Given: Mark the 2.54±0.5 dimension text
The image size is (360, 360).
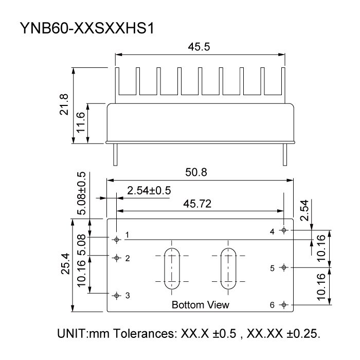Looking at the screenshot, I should tap(149, 191).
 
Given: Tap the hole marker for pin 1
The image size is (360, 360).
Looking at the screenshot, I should tap(117, 239).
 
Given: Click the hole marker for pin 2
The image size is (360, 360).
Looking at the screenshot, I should tap(117, 258).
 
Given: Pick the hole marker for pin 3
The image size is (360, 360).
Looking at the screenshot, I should tap(117, 295).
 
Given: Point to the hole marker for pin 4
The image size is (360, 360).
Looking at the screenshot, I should tap(284, 230).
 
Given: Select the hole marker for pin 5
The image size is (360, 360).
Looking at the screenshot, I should tap(284, 267).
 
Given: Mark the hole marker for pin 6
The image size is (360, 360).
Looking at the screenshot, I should tap(284, 305).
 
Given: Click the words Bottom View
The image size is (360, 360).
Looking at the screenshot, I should tap(201, 305).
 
